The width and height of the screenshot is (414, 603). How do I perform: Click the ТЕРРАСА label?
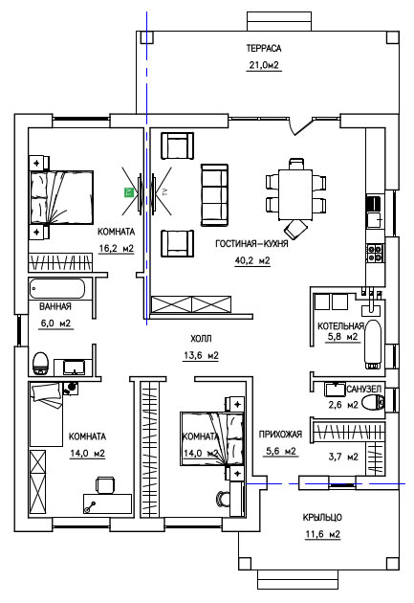click(x=264, y=48)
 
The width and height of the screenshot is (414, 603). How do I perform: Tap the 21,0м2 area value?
click(x=264, y=65)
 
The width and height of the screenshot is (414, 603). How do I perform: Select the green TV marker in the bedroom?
click(x=128, y=192)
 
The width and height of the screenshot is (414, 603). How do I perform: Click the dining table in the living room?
click(x=295, y=194)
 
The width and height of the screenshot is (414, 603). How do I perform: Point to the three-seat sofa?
click(x=214, y=195)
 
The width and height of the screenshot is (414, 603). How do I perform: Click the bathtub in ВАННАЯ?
click(x=57, y=288)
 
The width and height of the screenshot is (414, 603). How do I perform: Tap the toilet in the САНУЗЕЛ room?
click(x=373, y=402)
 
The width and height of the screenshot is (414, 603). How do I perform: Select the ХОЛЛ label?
click(x=201, y=339)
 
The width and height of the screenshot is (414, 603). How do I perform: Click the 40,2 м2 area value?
click(x=252, y=260)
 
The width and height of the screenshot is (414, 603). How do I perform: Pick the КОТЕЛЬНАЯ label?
click(x=340, y=326)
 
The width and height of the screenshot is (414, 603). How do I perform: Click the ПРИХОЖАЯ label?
click(x=280, y=435)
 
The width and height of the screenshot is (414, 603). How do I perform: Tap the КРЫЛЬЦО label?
click(x=322, y=517)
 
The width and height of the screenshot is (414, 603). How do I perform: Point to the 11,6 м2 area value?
click(x=322, y=534)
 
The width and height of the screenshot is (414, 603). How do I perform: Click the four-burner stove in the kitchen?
click(x=375, y=253)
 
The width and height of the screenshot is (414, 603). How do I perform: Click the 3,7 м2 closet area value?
click(x=343, y=457)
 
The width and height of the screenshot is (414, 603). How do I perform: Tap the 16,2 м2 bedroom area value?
click(x=117, y=249)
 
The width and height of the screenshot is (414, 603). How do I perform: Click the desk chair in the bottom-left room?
click(x=105, y=484)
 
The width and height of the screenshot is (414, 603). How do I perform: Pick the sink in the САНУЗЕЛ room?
click(x=336, y=390)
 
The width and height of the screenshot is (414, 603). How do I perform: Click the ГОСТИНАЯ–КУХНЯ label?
click(x=251, y=243)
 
